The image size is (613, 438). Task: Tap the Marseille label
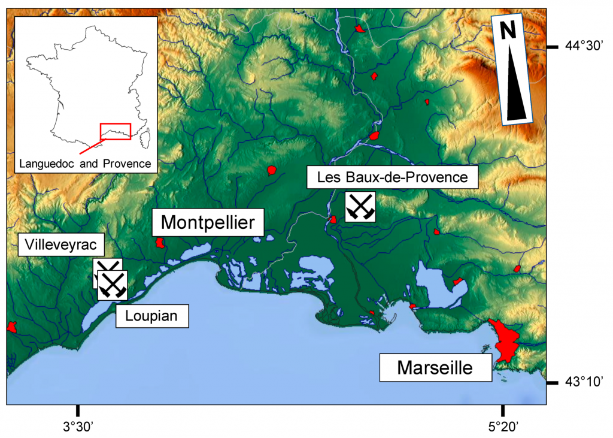tap(435, 367)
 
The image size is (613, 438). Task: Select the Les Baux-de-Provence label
tap(392, 177)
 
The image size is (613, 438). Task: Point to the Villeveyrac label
tap(62, 244)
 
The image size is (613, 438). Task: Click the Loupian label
tap(152, 315)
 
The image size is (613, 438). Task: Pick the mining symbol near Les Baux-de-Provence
tap(360, 207)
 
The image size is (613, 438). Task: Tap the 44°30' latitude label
tap(586, 46)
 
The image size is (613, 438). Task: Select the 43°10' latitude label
tap(585, 382)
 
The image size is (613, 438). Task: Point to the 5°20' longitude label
tap(503, 427)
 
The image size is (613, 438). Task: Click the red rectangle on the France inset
tap(115, 131)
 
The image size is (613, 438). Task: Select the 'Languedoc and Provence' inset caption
tap(85, 163)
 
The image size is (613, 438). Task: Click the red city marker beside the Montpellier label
tap(160, 243)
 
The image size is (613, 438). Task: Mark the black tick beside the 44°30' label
tap(554, 47)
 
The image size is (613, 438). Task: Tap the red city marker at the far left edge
tap(11, 327)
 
